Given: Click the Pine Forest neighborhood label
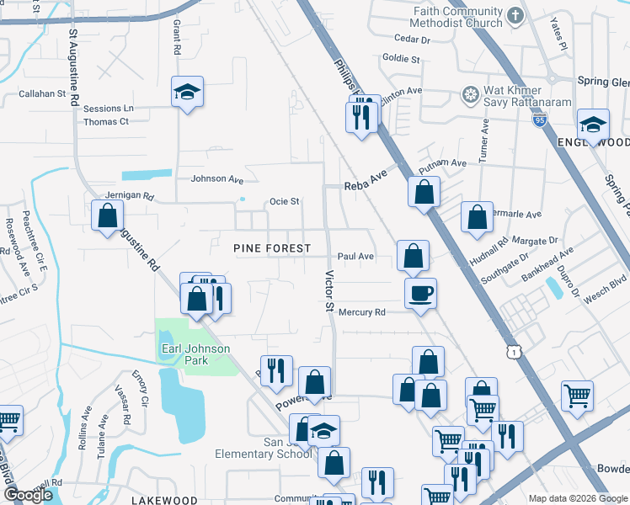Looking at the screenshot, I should coord(272,249).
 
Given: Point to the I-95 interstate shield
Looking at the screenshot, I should coord(539,120).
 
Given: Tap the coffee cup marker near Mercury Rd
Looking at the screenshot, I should coord(420,294).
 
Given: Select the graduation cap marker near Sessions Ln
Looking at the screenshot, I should coord(188,93).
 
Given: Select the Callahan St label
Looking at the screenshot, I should coord(42,94).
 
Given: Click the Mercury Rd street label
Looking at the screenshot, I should coord(361,312).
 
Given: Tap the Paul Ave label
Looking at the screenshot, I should coord(355,256).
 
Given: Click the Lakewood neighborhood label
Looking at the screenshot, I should coord(164,500).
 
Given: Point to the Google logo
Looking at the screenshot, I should coord(27,495).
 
